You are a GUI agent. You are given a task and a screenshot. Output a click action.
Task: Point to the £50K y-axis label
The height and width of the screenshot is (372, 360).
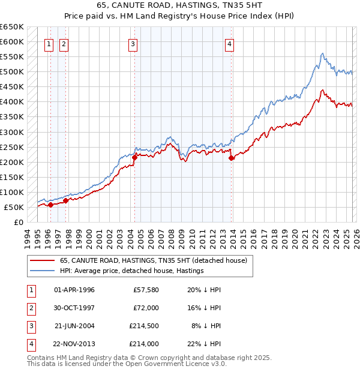tap(14, 207)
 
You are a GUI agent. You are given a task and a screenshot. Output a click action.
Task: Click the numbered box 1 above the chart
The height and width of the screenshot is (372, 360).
tap(49, 43)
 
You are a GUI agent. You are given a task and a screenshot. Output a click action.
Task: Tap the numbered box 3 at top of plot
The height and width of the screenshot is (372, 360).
tap(133, 43)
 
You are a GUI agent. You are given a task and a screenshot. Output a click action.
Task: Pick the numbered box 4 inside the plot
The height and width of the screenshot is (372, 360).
tap(230, 43)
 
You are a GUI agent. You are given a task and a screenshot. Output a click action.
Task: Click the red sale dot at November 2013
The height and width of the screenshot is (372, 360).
tap(231, 158)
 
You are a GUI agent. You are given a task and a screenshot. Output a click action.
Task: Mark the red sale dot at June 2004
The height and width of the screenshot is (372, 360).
tap(134, 157)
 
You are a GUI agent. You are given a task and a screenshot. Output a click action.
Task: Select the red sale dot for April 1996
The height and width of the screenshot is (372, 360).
tap(50, 205)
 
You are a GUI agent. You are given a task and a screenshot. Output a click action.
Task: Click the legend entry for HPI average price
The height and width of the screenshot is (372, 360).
tap(131, 271)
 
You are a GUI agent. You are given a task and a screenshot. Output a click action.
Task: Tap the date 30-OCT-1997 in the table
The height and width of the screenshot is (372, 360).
tap(74, 308)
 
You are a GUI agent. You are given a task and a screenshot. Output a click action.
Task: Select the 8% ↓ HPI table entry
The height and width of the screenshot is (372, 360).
tap(206, 326)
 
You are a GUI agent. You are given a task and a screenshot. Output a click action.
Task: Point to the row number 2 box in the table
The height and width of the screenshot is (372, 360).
tap(30, 308)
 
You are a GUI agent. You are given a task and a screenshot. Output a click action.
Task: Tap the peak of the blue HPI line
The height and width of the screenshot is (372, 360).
tap(322, 53)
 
